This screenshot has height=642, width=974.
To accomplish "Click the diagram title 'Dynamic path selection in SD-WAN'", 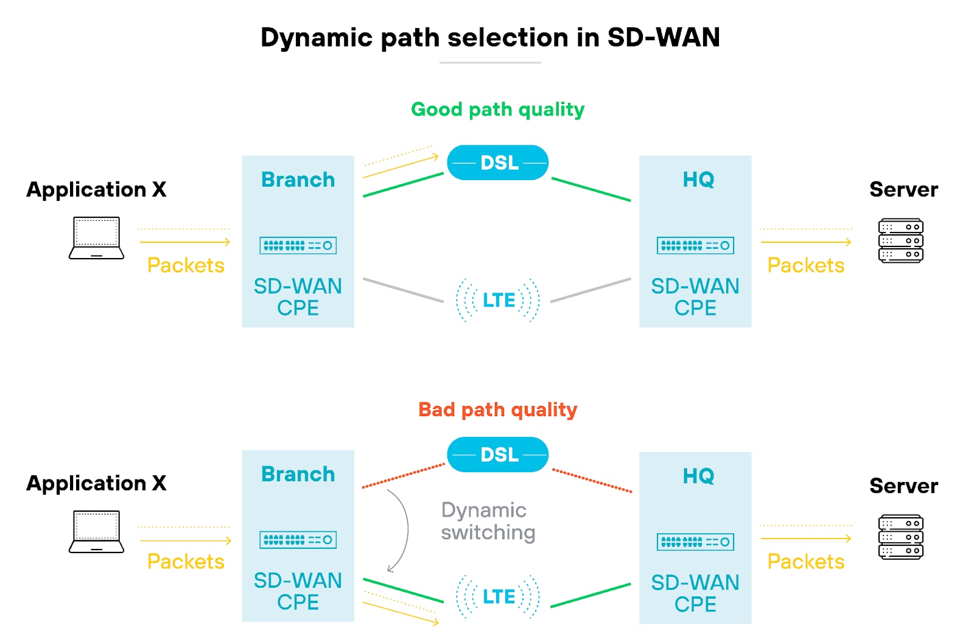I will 490,38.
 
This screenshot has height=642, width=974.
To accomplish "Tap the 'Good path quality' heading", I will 497,110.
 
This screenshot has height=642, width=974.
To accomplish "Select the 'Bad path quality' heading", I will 497,410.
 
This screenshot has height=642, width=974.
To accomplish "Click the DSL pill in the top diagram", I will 498,162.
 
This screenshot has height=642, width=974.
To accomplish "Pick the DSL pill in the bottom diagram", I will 498,455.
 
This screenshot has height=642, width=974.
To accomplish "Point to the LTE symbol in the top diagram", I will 498,300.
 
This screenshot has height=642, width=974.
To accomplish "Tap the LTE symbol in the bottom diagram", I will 498,596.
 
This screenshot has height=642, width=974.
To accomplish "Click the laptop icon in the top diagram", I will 96,238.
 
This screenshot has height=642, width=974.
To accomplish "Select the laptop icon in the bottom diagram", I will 96,532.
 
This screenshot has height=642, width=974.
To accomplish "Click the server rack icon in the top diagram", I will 900,240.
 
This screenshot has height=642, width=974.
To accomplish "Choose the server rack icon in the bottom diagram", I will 900,537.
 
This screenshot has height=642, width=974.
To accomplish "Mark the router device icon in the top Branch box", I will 298,245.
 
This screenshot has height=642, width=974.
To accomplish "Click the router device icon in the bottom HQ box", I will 695,542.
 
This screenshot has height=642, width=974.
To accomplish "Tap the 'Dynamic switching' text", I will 488,521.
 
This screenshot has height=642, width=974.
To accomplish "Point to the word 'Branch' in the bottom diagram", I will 298,474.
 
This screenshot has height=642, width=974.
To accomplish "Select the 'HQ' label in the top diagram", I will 698,180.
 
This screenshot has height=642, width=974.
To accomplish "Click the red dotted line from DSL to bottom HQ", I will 592,480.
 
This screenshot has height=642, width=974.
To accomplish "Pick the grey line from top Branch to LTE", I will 403,290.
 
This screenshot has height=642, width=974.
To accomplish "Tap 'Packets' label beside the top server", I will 805,265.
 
